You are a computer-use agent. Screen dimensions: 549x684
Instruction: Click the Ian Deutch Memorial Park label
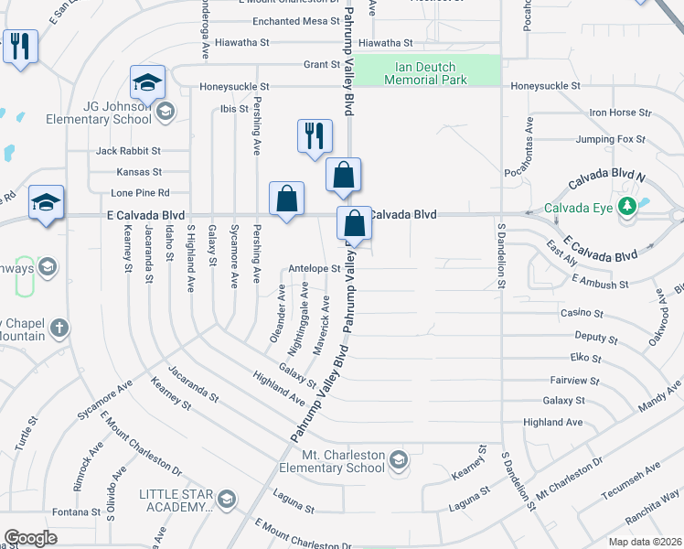425,73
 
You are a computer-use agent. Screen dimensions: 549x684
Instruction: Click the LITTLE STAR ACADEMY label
176,500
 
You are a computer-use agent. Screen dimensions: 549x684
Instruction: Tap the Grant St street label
321,65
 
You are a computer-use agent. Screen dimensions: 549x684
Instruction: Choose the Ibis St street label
234,108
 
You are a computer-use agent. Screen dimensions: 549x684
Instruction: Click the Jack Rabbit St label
128,150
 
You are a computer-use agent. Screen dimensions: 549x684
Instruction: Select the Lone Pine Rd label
140,193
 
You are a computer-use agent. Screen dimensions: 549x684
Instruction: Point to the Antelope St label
314,269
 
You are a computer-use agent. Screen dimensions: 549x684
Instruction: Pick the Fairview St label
574,380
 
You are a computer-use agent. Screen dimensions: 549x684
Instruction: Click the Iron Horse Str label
619,113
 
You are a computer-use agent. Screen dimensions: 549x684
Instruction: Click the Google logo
31,538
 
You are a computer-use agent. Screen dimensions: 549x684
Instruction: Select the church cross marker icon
59,328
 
